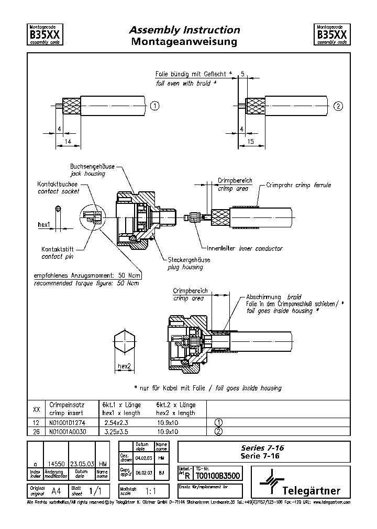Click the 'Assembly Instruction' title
184,30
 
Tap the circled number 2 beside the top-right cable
338,106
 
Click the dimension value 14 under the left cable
68,141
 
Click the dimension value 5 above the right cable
242,73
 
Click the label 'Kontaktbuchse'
57,185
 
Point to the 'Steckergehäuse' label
188,260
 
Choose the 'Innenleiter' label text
221,248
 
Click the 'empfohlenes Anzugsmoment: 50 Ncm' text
86,275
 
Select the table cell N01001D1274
66,423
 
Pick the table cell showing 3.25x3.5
117,432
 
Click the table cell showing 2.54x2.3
117,423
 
